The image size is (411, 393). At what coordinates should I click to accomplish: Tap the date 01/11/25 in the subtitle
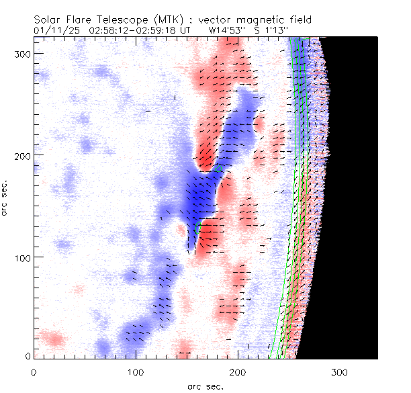click(x=54, y=30)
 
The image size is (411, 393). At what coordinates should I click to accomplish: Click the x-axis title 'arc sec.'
click(x=205, y=386)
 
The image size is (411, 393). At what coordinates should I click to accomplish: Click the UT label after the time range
click(x=185, y=30)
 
